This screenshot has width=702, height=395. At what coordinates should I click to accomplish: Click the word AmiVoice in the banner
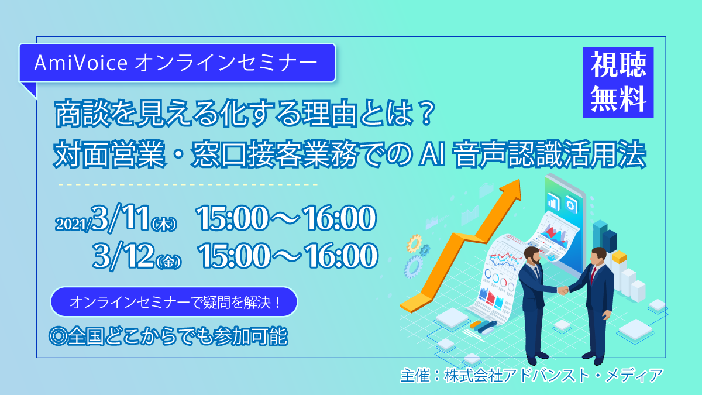click(81, 63)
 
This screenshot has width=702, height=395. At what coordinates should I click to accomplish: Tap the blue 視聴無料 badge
click(618, 83)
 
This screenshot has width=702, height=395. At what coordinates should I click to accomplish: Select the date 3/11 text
click(120, 218)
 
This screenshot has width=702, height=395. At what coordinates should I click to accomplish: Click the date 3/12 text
click(123, 256)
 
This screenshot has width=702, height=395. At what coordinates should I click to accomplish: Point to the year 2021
click(73, 224)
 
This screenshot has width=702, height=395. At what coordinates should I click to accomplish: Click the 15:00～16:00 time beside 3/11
click(286, 218)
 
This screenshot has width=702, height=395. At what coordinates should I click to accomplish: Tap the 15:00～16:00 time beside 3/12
click(288, 256)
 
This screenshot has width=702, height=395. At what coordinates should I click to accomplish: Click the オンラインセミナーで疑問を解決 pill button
click(174, 302)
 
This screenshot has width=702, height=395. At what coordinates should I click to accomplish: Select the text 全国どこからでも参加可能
click(177, 336)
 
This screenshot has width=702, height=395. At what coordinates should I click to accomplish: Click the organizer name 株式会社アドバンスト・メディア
click(553, 376)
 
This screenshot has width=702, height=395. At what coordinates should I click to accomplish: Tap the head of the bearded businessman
click(532, 256)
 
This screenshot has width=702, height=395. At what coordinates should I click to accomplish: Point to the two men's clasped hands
click(563, 290)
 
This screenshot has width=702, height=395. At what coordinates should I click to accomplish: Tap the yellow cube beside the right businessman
click(619, 257)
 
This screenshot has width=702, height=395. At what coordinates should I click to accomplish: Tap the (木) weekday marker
click(164, 225)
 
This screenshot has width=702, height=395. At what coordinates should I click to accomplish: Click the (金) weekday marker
click(169, 262)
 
